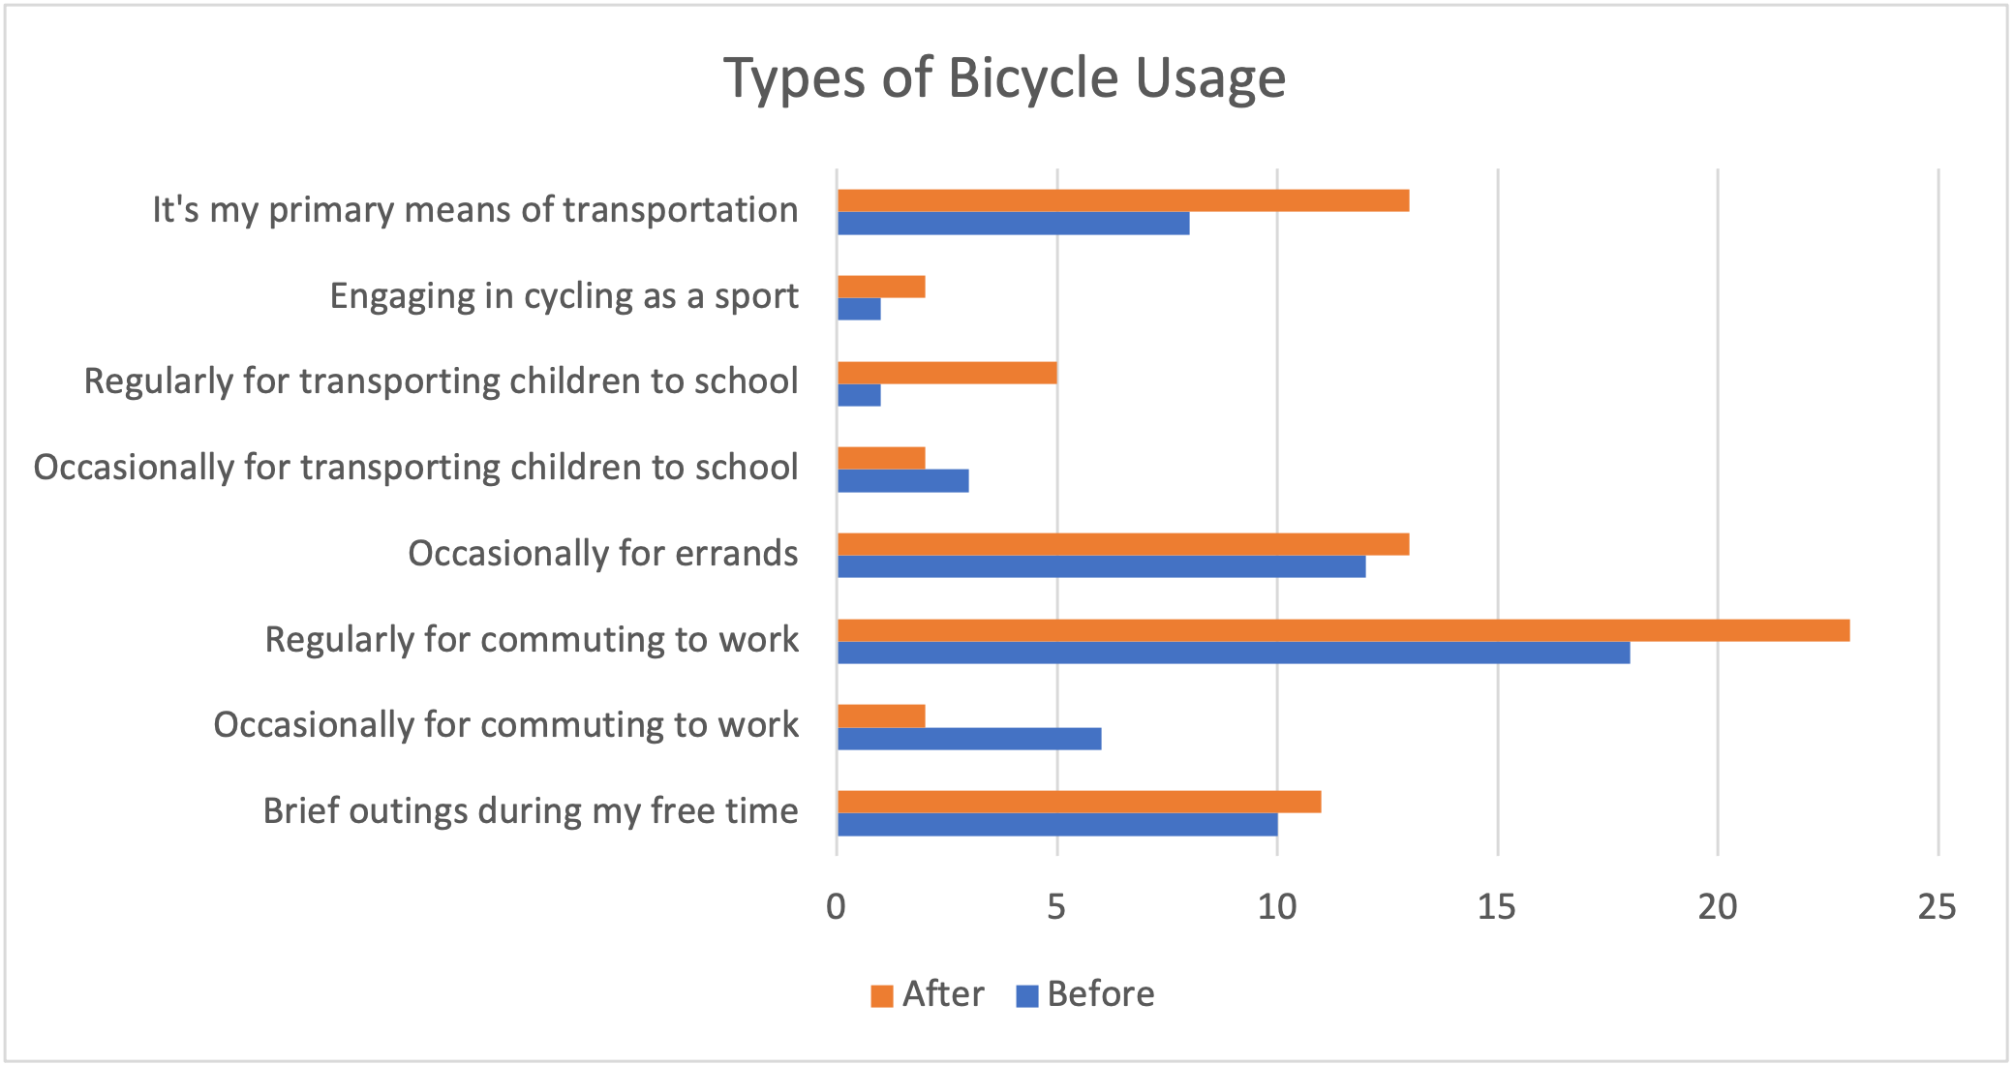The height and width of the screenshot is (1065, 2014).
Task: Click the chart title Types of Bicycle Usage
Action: tap(1004, 77)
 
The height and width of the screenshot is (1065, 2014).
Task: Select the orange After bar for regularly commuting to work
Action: tap(1343, 630)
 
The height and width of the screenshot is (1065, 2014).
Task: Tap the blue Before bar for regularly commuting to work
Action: tap(1233, 653)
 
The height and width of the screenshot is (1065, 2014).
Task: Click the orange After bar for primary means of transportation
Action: tap(1122, 200)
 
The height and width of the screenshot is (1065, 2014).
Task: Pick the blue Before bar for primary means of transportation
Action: tap(1013, 224)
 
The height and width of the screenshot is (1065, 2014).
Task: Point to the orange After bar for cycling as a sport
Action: tap(881, 287)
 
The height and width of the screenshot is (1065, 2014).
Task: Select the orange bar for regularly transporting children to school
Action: tap(947, 373)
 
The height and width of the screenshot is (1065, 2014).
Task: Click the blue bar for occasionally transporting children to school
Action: tap(902, 481)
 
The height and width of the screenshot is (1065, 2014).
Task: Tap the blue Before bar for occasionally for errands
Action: tap(1101, 566)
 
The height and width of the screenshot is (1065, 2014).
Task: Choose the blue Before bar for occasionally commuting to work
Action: tap(969, 739)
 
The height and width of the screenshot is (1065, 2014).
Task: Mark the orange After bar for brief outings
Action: tap(1079, 802)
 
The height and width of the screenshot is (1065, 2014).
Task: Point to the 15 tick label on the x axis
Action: tap(1497, 907)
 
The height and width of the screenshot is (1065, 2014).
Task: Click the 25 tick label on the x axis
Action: tap(1937, 907)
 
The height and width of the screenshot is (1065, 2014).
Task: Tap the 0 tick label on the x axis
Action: tap(837, 907)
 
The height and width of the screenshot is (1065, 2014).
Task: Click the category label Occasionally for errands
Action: tap(602, 554)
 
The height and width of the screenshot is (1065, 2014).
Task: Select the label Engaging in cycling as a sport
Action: tap(564, 296)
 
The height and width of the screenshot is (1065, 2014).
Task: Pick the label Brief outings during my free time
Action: tap(531, 811)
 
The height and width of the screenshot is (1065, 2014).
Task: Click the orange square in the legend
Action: tap(881, 996)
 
